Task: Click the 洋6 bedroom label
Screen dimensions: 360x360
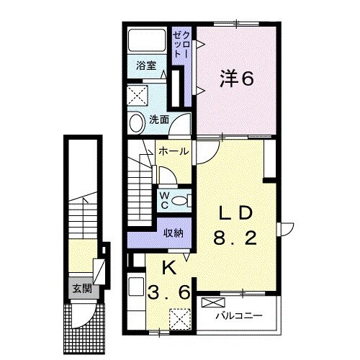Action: [x=235, y=79]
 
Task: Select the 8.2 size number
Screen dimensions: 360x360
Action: [x=235, y=238]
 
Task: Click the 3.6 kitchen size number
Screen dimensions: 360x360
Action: [x=170, y=293]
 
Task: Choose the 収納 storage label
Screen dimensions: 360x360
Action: [x=173, y=233]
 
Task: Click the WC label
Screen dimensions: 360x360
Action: [x=163, y=199]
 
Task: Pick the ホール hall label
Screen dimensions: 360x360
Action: [x=174, y=151]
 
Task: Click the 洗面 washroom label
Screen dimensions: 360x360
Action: [x=159, y=120]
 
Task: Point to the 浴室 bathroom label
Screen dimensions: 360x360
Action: [x=147, y=66]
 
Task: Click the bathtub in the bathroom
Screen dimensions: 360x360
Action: [x=147, y=40]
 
